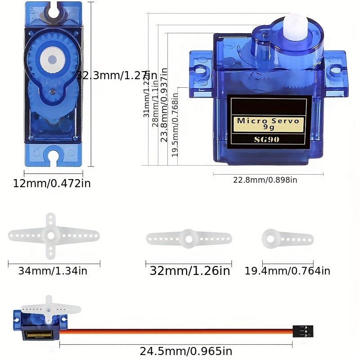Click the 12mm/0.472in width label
pos(52,183)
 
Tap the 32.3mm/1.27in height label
pos(116,75)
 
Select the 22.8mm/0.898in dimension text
pos(265,180)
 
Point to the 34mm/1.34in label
pos(53,271)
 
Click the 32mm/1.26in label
pos(189,271)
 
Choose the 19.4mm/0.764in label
pos(287,271)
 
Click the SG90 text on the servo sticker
pos(266,139)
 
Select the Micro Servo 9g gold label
pos(268,124)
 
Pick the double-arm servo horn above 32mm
pos(189,238)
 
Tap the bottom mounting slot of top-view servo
pos(53,156)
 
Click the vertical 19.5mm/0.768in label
pos(175,124)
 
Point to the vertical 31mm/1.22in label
pos(147,97)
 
